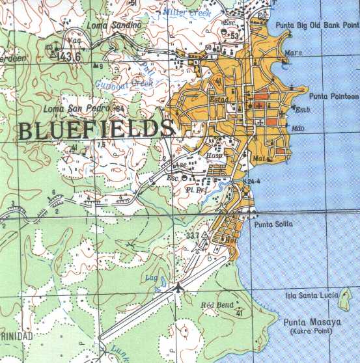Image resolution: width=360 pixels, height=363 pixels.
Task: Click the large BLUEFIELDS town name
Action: [x=96, y=130]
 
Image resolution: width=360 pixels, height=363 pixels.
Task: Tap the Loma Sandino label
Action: [x=114, y=25]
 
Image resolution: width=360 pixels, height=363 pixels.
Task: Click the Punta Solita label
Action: [x=274, y=224]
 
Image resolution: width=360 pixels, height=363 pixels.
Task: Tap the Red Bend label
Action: [x=217, y=304]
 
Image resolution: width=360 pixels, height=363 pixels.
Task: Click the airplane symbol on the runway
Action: [x=177, y=286]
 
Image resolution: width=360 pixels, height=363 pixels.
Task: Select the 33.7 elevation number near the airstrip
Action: [x=192, y=235]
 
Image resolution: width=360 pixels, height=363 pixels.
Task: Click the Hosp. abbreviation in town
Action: [x=215, y=156]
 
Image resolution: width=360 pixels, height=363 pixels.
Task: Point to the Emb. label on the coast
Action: [x=301, y=111]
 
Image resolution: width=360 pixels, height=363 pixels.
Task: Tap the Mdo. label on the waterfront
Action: [x=298, y=128]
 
